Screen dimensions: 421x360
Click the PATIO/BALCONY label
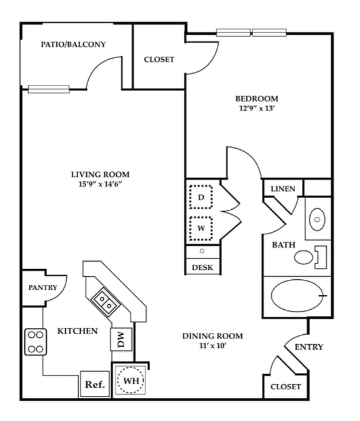pos(73,44)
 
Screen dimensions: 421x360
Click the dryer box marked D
pos(201,197)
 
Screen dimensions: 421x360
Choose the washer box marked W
pos(201,227)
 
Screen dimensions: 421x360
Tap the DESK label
pos(202,267)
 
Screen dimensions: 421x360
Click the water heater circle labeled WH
pos(131,380)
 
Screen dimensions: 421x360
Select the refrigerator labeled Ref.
pos(94,384)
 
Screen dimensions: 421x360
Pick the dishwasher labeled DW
pos(121,340)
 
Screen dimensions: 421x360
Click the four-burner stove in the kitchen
pos(35,342)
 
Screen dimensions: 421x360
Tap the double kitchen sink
pos(104,303)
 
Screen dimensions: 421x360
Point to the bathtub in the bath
pos(297,295)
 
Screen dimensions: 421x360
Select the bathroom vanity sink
pos(317,219)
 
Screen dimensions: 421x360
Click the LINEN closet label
pos(282,189)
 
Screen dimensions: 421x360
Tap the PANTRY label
pos(42,287)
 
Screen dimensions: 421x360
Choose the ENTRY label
pos(309,347)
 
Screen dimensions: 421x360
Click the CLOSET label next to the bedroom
pos(159,59)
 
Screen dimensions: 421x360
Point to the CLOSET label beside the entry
pos(285,387)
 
